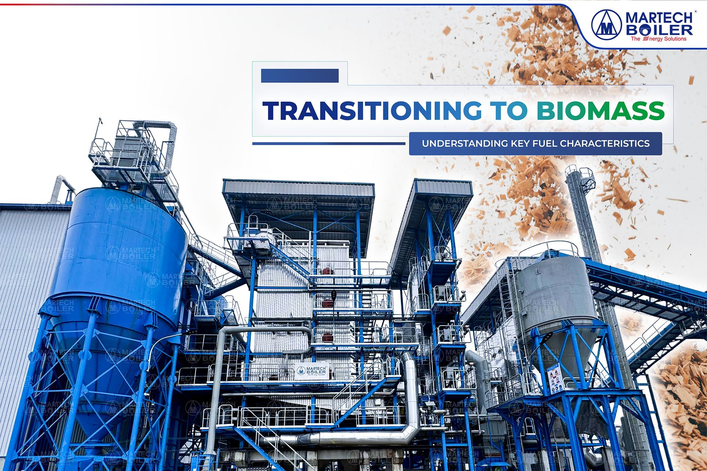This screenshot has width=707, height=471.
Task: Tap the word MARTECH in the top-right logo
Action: [659, 18]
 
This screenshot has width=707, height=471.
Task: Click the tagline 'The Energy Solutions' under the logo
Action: [658, 39]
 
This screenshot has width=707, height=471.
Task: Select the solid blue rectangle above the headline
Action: [300, 76]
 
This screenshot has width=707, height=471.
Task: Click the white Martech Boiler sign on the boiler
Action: [312, 371]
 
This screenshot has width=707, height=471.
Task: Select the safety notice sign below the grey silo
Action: [555, 380]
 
